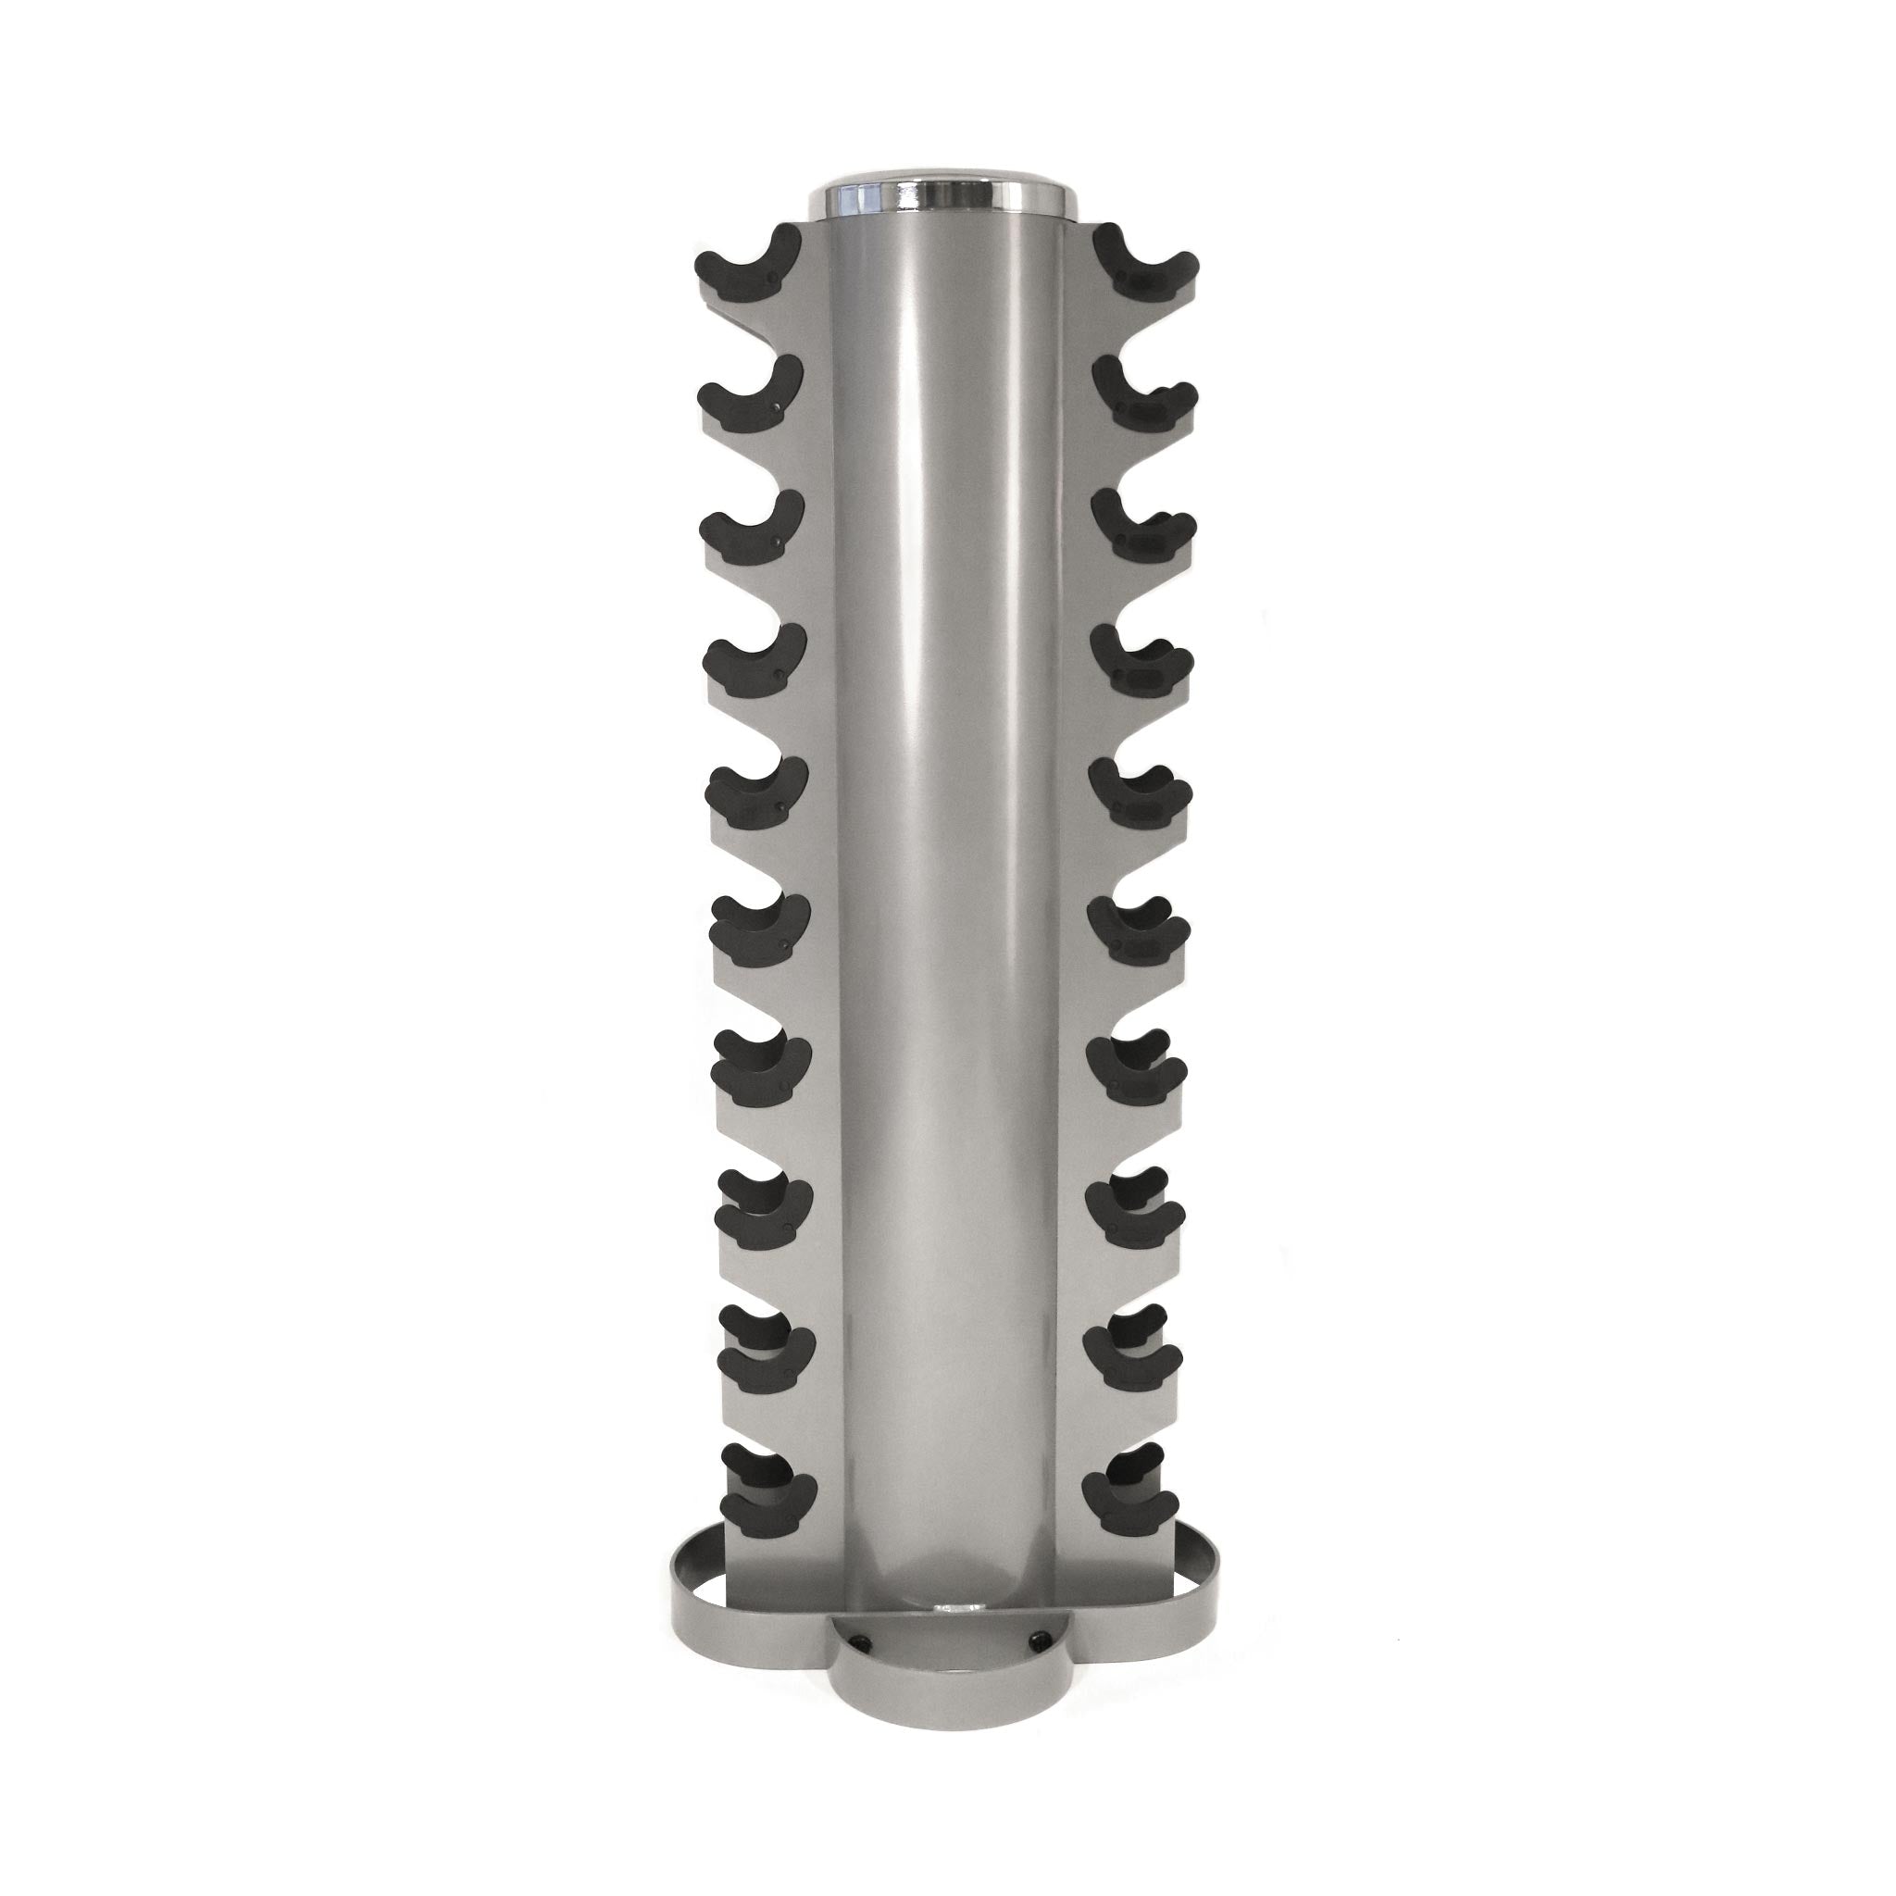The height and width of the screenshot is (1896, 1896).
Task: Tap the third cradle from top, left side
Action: [x=752, y=530]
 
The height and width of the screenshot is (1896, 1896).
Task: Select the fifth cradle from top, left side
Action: [x=756, y=800]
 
